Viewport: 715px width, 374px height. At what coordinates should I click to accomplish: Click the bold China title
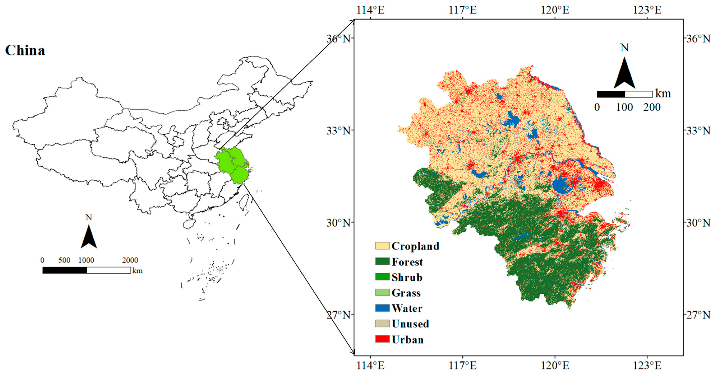pos(25,50)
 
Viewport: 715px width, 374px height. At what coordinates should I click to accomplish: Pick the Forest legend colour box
pos(382,261)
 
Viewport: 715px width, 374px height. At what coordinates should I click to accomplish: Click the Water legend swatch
pos(382,308)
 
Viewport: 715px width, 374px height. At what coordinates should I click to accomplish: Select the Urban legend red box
pos(382,339)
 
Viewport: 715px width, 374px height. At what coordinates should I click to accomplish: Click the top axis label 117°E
pos(463,10)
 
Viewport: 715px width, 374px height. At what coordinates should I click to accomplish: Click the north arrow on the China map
pos(89,237)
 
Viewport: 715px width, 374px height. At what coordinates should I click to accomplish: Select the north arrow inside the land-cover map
pos(624,74)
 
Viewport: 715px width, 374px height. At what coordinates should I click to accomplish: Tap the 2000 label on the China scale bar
pos(130,260)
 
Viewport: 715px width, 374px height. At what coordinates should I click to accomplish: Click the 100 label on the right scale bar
pos(624,107)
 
